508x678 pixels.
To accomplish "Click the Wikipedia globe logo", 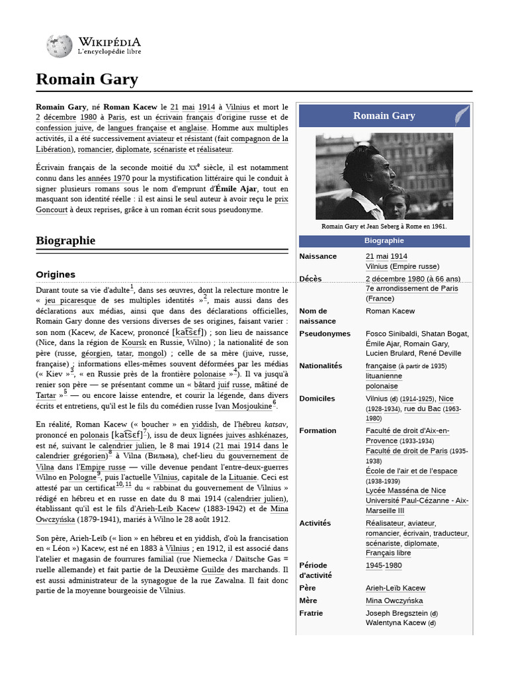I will [x=60, y=46].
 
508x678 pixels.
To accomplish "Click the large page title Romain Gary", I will [x=87, y=80].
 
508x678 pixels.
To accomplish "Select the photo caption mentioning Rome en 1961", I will [x=384, y=226].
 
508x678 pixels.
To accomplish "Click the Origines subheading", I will [x=56, y=274].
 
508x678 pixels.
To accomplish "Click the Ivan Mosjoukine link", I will [x=241, y=405].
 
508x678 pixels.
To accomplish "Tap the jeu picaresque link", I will [x=75, y=301].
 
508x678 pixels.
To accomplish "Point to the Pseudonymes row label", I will [x=325, y=334].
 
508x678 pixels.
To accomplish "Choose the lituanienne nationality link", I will [x=384, y=376].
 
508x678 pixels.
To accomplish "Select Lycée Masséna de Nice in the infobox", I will [x=405, y=491].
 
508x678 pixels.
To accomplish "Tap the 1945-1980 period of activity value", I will [x=384, y=565].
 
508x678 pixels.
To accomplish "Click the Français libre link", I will [x=388, y=553].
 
